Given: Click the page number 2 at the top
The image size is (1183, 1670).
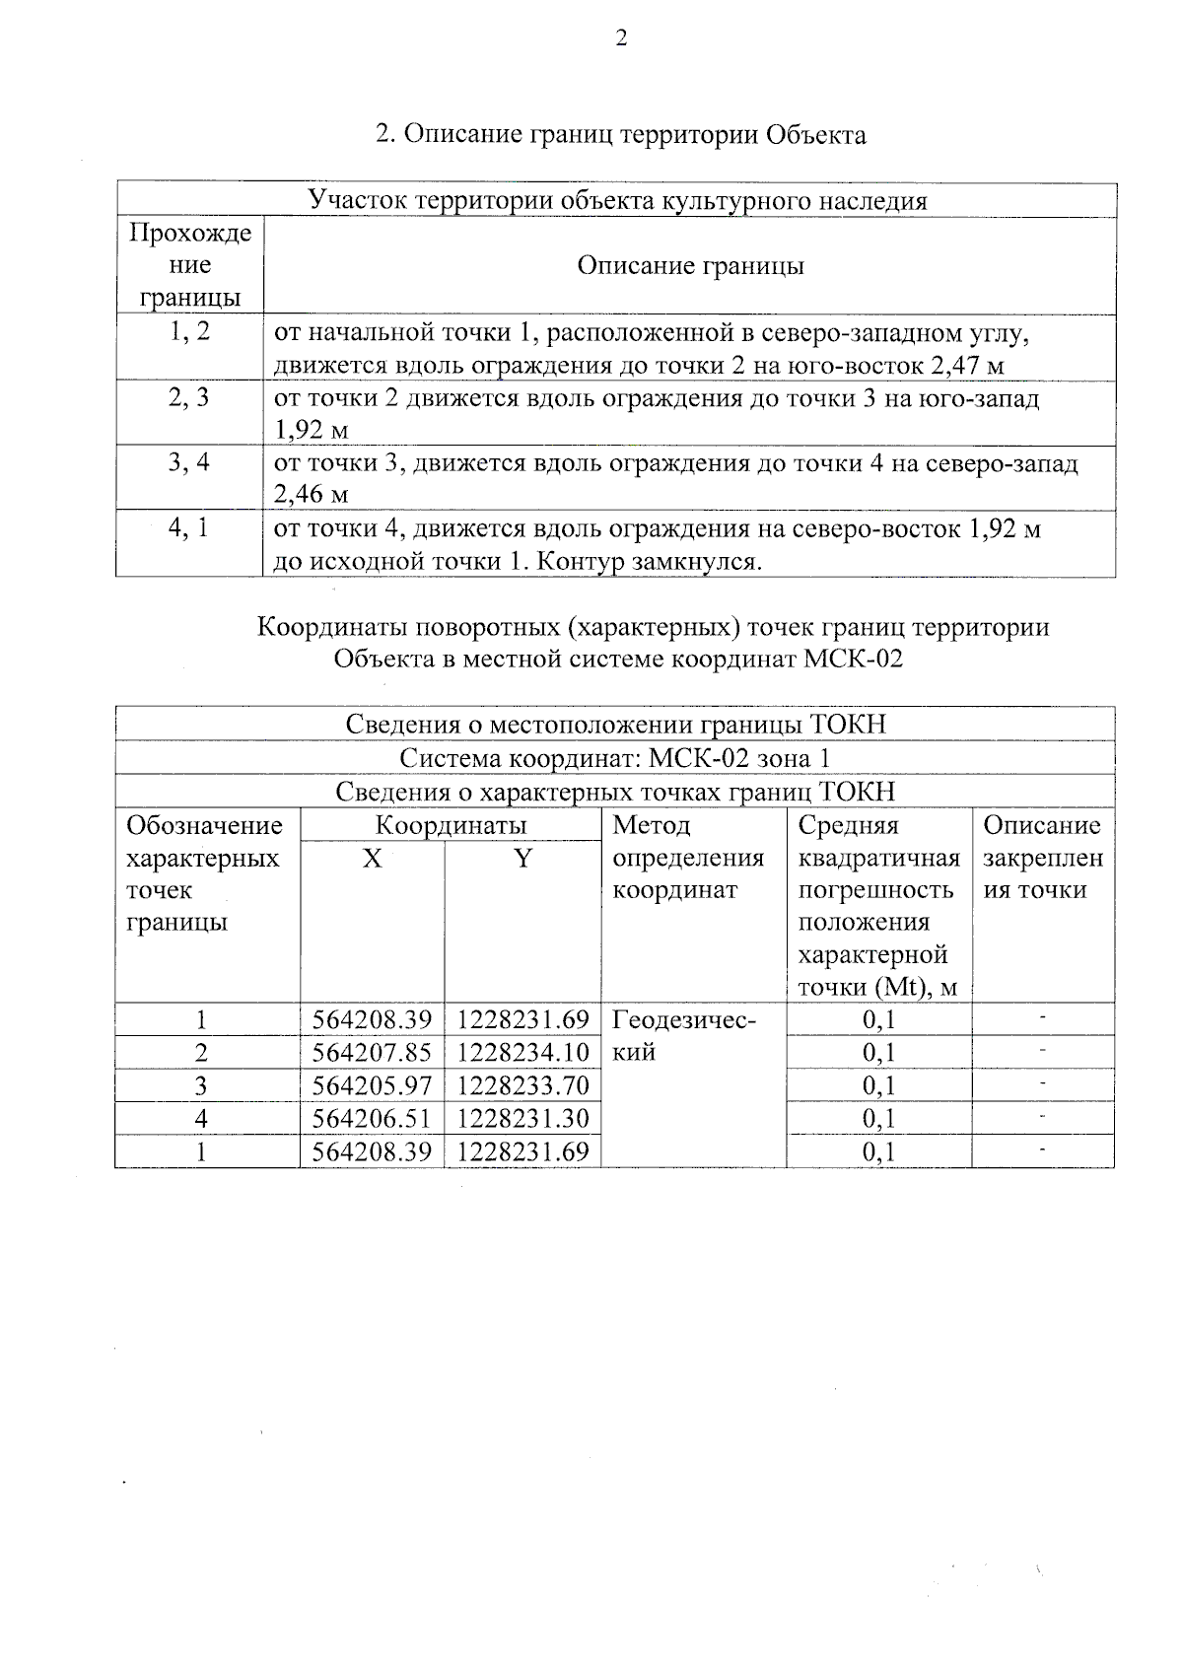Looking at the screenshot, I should pos(620,38).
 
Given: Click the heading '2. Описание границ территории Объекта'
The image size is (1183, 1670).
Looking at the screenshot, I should pos(621,135).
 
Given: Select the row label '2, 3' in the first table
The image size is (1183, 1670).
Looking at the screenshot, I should pos(189,398).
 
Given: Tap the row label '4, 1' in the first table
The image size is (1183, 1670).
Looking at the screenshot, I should pos(188,528).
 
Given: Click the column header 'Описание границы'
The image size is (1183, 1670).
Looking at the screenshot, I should pos(690,266).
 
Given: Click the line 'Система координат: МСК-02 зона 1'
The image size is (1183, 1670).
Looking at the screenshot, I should pos(615,759).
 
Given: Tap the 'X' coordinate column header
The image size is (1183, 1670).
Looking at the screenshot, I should pos(372,860).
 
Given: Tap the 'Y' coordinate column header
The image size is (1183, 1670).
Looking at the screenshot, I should pos(522,860).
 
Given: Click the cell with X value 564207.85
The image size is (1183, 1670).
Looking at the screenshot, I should pos(372,1053).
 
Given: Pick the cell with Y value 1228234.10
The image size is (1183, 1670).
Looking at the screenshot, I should pos(522,1053).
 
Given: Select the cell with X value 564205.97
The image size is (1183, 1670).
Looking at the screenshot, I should pos(372,1086).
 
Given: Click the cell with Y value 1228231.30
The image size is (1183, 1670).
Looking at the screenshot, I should pos(522,1119).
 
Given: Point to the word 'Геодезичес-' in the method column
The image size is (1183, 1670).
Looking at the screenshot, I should pos(684,1020).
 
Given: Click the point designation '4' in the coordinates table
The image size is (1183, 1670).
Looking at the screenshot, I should pos(202,1119).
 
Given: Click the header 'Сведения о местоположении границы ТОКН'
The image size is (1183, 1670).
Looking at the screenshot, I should pos(615,726).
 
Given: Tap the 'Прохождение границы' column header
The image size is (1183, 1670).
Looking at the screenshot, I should pos(190,266).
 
